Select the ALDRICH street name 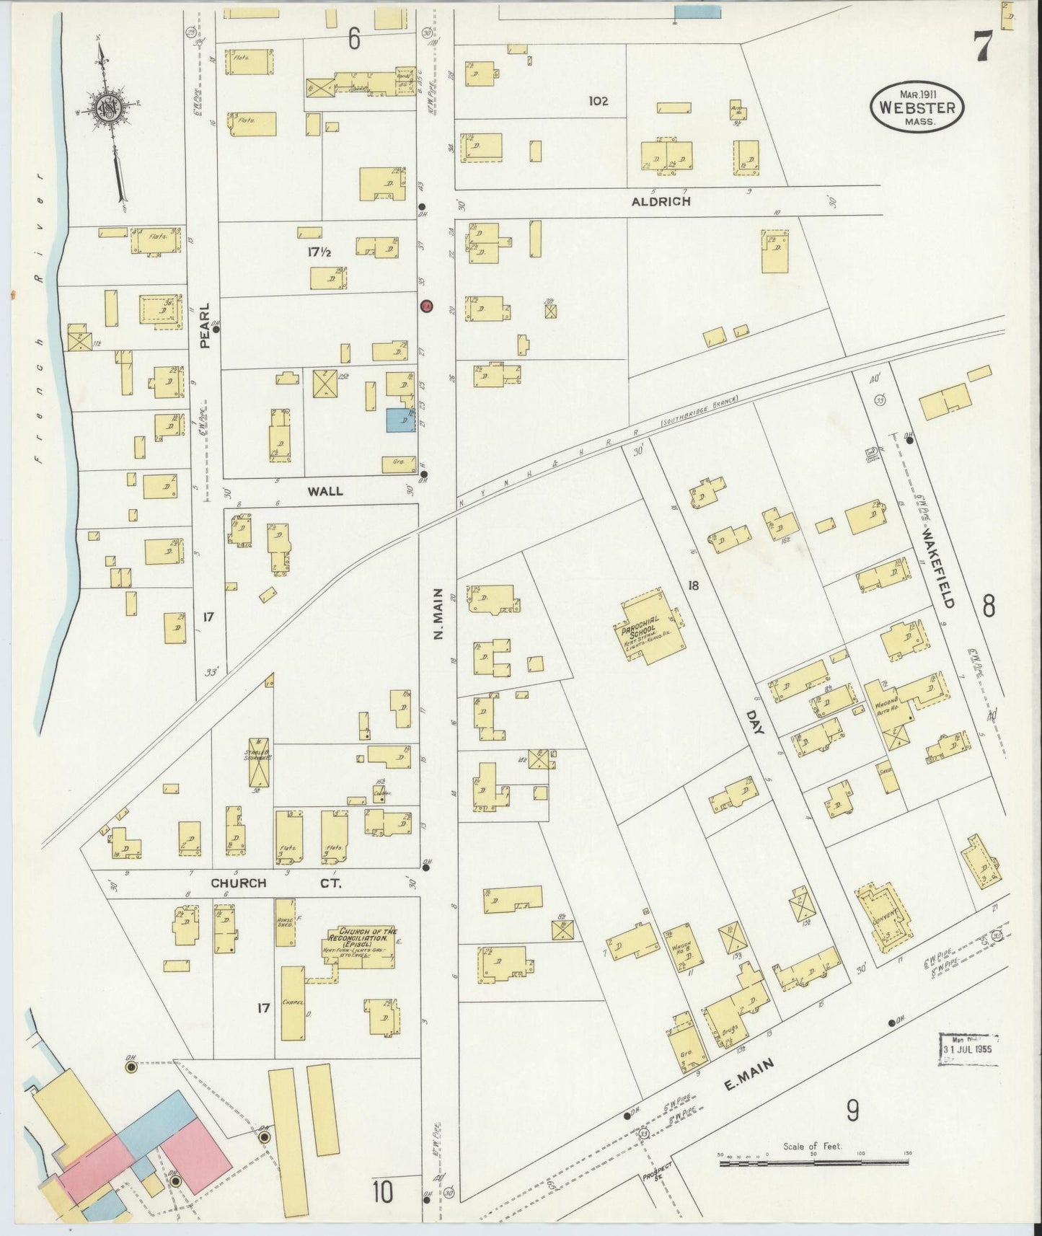[661, 201]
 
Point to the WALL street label [325, 491]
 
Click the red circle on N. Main [426, 306]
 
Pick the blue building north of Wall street [400, 420]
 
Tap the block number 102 [598, 101]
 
